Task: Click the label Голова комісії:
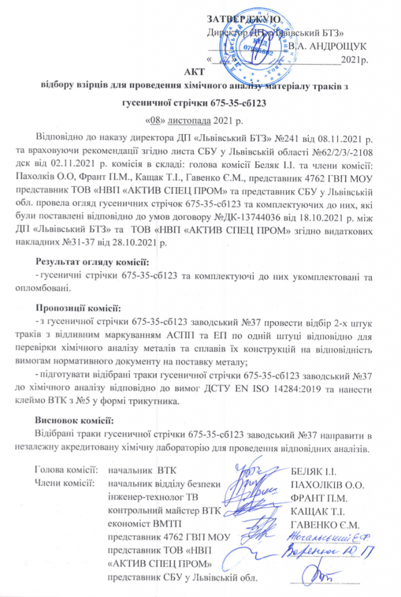pos(67,469)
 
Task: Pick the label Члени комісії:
pos(65,483)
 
